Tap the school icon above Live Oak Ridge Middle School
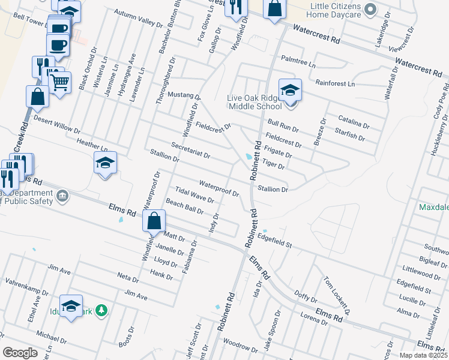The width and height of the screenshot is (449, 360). pyautogui.click(x=290, y=90)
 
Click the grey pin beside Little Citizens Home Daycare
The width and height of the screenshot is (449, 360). pyautogui.click(x=370, y=9)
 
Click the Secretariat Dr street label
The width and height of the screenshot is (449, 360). pyautogui.click(x=190, y=150)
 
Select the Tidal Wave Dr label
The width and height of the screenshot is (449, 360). pyautogui.click(x=194, y=197)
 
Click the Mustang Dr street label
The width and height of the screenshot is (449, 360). pyautogui.click(x=184, y=95)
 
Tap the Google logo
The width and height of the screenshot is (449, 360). pyautogui.click(x=20, y=353)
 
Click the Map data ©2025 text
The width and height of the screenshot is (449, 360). pyautogui.click(x=423, y=355)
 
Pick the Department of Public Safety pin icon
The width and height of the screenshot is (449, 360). pyautogui.click(x=62, y=196)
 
